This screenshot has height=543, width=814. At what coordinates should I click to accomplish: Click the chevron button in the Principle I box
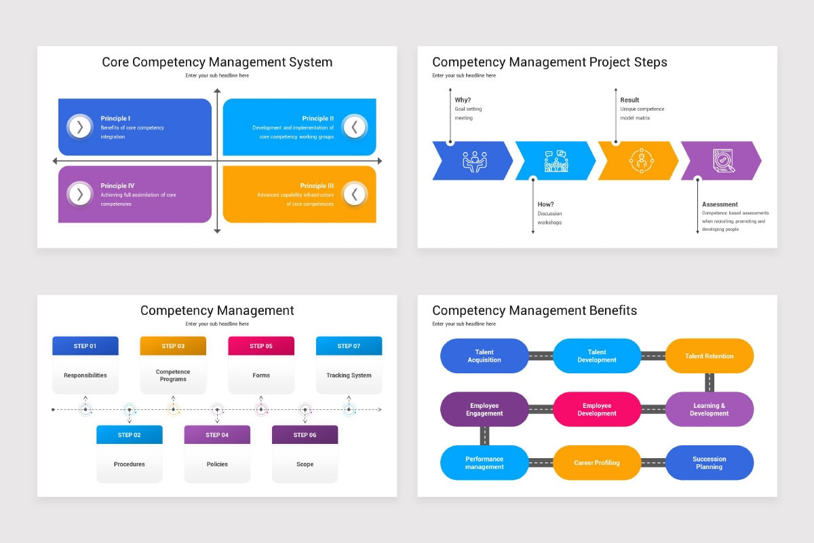pyautogui.click(x=80, y=127)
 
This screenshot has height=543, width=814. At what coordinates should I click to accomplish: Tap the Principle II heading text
pyautogui.click(x=317, y=118)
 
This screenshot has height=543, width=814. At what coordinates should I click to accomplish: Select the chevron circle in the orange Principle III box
pyautogui.click(x=354, y=194)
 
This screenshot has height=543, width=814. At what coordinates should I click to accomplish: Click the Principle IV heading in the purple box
pyautogui.click(x=117, y=185)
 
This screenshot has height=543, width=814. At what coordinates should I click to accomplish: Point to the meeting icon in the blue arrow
pyautogui.click(x=474, y=161)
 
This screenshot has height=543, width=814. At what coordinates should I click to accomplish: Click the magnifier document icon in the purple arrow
pyautogui.click(x=723, y=161)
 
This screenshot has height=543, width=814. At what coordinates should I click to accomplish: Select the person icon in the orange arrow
pyautogui.click(x=640, y=161)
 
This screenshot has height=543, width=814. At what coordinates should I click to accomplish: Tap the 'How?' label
pyautogui.click(x=546, y=204)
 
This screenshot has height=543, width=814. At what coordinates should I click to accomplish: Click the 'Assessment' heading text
pyautogui.click(x=720, y=204)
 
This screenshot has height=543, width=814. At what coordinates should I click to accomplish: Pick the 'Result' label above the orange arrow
pyautogui.click(x=629, y=100)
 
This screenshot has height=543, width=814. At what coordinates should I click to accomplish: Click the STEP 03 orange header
pyautogui.click(x=173, y=346)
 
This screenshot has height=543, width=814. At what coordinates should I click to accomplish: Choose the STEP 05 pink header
pyautogui.click(x=261, y=346)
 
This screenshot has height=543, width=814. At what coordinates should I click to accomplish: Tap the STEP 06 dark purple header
pyautogui.click(x=305, y=435)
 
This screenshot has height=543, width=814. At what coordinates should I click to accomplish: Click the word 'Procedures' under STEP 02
pyautogui.click(x=129, y=464)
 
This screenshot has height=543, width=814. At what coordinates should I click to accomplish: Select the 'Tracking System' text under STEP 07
pyautogui.click(x=349, y=375)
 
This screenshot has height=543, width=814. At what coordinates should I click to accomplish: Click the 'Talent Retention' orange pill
pyautogui.click(x=709, y=356)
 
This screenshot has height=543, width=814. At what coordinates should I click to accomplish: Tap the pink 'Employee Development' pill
pyautogui.click(x=597, y=409)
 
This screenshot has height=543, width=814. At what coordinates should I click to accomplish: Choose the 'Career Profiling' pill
pyautogui.click(x=597, y=463)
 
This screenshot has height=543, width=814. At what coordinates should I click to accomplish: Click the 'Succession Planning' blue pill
pyautogui.click(x=709, y=463)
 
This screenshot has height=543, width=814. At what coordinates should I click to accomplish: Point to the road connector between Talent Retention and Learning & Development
pyautogui.click(x=710, y=382)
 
